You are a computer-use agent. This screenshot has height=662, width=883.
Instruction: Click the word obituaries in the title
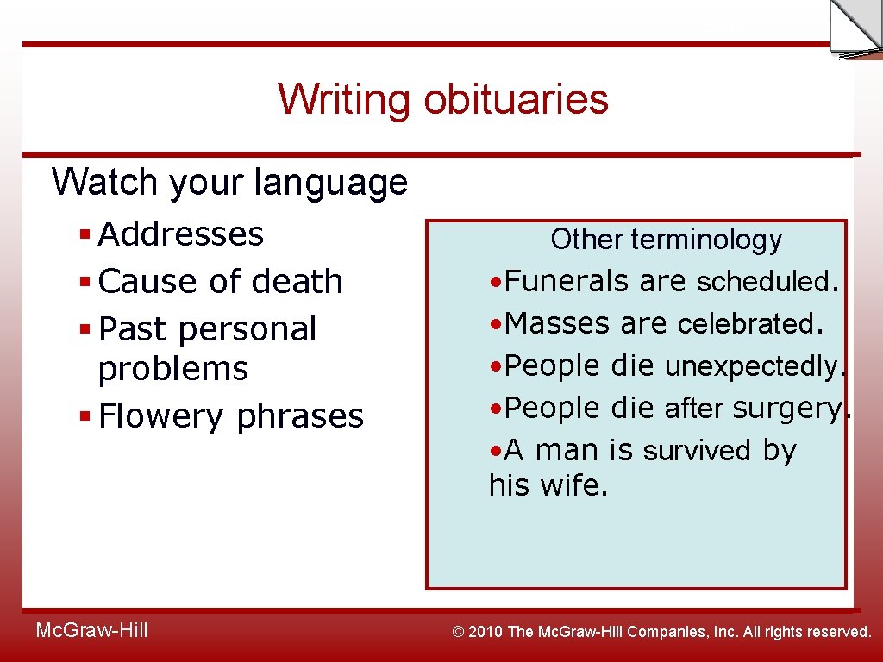click(x=516, y=99)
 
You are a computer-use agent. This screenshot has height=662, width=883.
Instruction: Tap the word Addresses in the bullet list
click(x=181, y=234)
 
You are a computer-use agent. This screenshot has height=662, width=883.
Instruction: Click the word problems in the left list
click(x=173, y=369)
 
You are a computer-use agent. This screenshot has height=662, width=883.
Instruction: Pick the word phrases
click(x=300, y=416)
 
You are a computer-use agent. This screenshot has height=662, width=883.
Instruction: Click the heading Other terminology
click(x=666, y=240)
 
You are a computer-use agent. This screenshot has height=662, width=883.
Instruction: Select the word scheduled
click(x=767, y=282)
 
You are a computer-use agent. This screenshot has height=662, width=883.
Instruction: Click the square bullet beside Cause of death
click(x=85, y=282)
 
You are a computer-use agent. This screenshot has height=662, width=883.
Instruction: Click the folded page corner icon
click(x=854, y=28)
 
